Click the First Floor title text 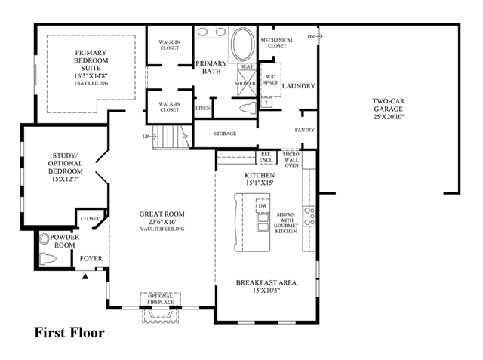pos(69,333)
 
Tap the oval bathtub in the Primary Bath pos(243,44)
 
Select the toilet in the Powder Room pos(48,259)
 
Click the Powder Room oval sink pos(45,239)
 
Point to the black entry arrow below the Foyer pos(85,276)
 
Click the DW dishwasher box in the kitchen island pos(263,206)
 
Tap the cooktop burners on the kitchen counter pos(309,216)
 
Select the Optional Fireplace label pos(160,300)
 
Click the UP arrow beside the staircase pos(147,137)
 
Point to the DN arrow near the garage pos(315,37)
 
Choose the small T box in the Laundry pos(266,103)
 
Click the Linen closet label pos(203,109)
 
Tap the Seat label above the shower pos(247,66)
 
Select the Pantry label pos(304,130)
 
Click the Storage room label pos(225,134)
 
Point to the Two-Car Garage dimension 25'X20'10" pos(389,117)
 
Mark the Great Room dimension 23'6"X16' pos(162,222)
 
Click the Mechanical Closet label pos(277,43)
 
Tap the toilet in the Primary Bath pos(248,109)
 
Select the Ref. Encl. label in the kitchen pos(266,157)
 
